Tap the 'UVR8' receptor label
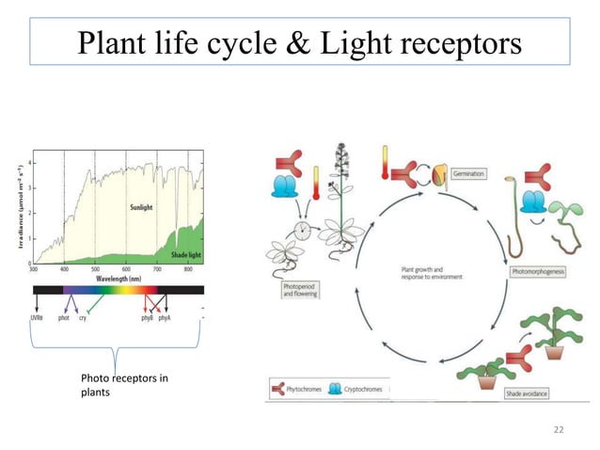(36, 318)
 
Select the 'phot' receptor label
(63, 318)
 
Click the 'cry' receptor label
(83, 318)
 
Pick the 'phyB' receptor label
(148, 318)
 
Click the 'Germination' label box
(468, 174)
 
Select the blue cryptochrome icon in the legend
(336, 387)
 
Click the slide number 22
(560, 429)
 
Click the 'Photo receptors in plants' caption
(124, 385)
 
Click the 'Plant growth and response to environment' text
(422, 274)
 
